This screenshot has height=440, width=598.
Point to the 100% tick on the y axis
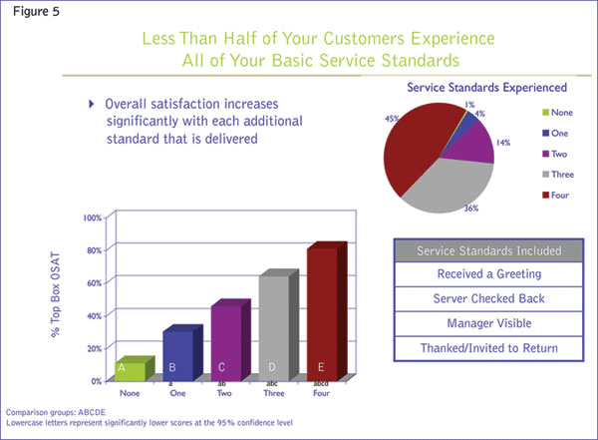pyautogui.click(x=91, y=218)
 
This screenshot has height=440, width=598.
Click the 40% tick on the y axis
pyautogui.click(x=93, y=316)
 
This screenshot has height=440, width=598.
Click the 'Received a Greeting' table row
pyautogui.click(x=487, y=274)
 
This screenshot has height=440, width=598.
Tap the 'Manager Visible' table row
pyautogui.click(x=487, y=323)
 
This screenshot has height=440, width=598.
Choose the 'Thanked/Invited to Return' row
pyautogui.click(x=487, y=347)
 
